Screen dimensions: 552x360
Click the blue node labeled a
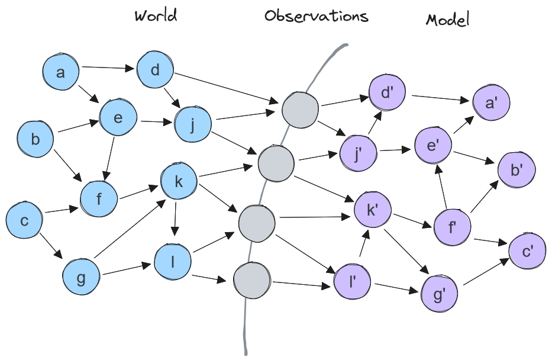60,72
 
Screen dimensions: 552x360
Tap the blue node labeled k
179,181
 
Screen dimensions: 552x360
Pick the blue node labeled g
81,277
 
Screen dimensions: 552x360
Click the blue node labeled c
24,220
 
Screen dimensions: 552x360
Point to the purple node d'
387,92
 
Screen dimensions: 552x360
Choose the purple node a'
490,102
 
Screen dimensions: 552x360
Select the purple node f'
453,227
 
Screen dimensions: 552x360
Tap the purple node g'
440,294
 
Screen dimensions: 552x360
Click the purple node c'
527,251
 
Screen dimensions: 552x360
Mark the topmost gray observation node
301,110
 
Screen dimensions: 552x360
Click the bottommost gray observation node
252,281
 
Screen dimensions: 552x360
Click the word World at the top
156,15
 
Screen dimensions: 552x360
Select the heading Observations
316,16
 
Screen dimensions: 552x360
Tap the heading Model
448,20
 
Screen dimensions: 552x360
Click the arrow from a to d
108,67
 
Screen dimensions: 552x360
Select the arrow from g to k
130,229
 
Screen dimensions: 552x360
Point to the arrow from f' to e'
442,187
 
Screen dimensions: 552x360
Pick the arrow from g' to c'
486,272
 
